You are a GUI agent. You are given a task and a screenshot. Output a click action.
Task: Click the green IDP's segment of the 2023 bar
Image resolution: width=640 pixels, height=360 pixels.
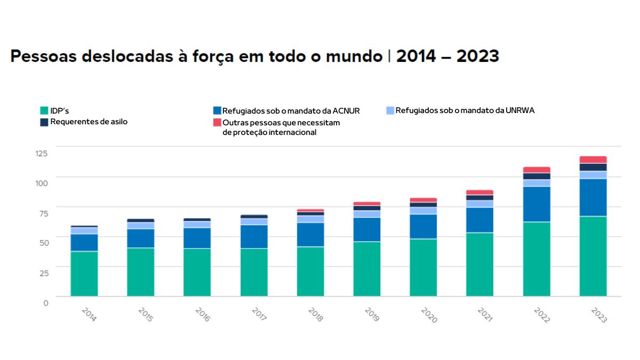tap(593, 256)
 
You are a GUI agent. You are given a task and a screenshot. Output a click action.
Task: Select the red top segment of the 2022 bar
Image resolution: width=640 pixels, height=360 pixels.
tap(537, 170)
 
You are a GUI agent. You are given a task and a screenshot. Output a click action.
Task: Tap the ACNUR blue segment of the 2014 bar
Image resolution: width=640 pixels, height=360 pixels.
tap(84, 242)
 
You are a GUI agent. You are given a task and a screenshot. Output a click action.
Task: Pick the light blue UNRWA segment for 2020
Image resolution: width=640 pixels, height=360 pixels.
tap(423, 210)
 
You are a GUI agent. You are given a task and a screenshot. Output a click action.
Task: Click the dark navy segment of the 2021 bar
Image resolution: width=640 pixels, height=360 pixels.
tap(480, 197)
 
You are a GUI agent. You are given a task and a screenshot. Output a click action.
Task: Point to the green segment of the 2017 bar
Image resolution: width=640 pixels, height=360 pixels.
tap(254, 272)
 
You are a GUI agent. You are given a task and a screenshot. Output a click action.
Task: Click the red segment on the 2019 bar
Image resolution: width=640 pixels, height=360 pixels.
tap(367, 204)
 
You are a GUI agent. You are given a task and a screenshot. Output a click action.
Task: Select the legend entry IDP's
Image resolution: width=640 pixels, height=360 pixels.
tap(59, 111)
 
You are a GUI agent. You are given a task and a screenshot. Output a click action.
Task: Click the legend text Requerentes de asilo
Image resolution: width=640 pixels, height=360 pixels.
tap(89, 122)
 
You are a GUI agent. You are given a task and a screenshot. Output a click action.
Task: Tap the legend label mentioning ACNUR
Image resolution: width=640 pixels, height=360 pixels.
tap(291, 111)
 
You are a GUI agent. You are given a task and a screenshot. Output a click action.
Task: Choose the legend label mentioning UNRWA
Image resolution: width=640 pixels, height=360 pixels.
tap(465, 110)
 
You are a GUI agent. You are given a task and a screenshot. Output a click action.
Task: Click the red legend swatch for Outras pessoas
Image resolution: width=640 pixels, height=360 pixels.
tap(217, 123)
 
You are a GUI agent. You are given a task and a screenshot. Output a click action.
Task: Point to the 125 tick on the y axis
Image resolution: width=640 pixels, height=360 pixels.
tap(42, 154)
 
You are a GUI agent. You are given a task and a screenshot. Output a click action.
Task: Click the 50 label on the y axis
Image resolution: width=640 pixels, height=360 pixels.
tap(43, 243)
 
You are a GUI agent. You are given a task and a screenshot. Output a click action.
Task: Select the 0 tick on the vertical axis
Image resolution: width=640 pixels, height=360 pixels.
tap(46, 302)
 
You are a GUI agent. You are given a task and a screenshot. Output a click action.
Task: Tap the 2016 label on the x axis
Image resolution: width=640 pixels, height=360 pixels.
tap(202, 314)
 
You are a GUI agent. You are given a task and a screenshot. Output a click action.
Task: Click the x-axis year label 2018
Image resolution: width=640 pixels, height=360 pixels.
tap(315, 314)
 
